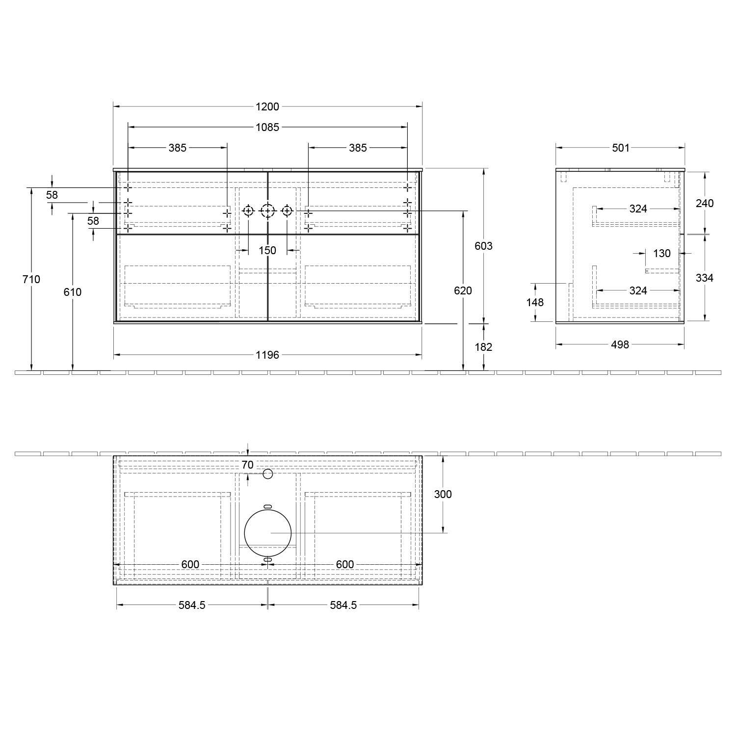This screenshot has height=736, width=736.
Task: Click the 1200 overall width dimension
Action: (267, 106)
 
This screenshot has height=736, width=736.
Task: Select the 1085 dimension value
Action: (267, 127)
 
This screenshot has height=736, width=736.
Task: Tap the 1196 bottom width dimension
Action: (267, 354)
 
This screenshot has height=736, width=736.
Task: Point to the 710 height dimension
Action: (31, 279)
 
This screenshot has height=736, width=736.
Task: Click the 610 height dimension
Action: (73, 292)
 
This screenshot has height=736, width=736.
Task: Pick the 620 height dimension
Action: (463, 290)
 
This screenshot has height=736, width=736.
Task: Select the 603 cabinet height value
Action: (483, 245)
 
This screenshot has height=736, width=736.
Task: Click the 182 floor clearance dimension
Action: (483, 347)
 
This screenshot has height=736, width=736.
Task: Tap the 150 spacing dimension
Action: (267, 250)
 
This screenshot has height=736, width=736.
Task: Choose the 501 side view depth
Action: (621, 147)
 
